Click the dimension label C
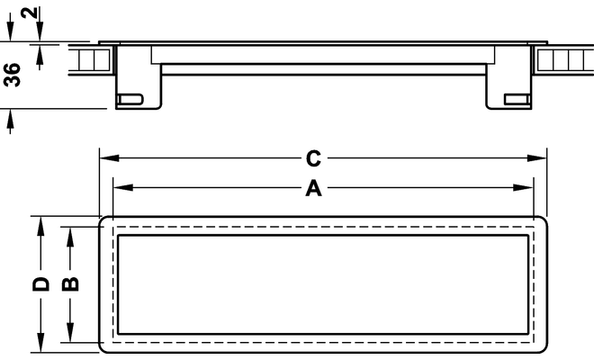pyautogui.click(x=312, y=159)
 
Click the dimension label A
pyautogui.click(x=312, y=188)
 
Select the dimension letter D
pyautogui.click(x=40, y=284)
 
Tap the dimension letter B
pyautogui.click(x=70, y=284)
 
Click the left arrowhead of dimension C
pyautogui.click(x=105, y=159)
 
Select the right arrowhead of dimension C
pyautogui.click(x=542, y=159)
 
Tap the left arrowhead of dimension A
pyautogui.click(x=119, y=188)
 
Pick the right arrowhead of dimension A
pyautogui.click(x=528, y=188)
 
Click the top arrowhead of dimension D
pyautogui.click(x=40, y=222)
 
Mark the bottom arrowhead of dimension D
pyautogui.click(x=40, y=347)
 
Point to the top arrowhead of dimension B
pyautogui.click(x=70, y=232)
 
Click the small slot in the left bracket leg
pyautogui.click(x=131, y=98)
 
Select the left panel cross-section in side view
pyautogui.click(x=93, y=60)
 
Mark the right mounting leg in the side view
pyautogui.click(x=509, y=76)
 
